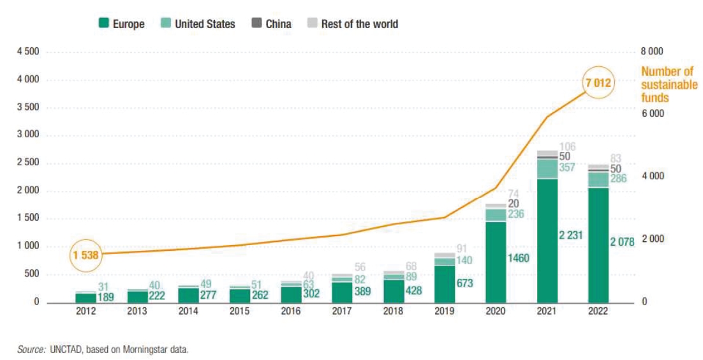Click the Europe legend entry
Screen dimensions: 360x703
coord(122,24)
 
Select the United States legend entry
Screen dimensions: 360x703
coord(197,24)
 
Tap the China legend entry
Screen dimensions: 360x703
coord(270,24)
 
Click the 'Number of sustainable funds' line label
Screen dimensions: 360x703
coord(669,84)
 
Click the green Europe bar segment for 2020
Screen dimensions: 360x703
coord(496,262)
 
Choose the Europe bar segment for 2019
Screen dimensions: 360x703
coord(445,283)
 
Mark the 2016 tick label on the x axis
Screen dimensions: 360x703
coord(291,313)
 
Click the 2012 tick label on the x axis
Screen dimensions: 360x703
coord(86,313)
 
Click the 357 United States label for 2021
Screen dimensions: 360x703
coord(567,168)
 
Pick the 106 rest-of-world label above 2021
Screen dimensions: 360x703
coord(567,147)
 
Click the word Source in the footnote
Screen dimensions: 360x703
coord(29,349)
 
